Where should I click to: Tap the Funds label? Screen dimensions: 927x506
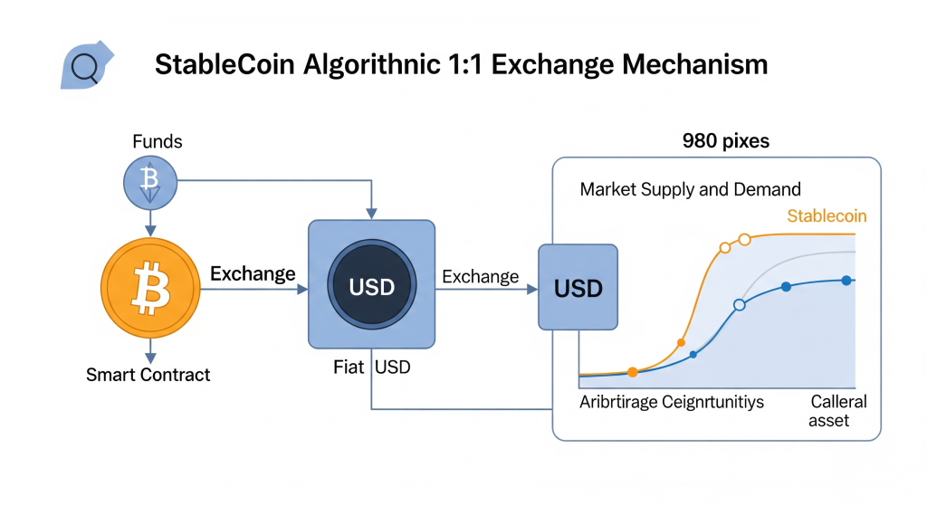coord(158,141)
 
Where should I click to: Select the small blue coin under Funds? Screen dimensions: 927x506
coord(150,183)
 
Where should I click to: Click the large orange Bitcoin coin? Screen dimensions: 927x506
coord(150,288)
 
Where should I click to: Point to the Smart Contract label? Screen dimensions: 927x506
coord(148,374)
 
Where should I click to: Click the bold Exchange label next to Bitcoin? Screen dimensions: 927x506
coord(253,273)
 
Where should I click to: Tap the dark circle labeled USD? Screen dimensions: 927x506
coord(372,284)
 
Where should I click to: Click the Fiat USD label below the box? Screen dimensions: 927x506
coord(372,368)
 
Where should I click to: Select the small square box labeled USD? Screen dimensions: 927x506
coord(578,287)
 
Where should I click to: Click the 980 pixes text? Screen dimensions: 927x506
coord(726,140)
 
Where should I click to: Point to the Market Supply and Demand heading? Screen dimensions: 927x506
coord(690,189)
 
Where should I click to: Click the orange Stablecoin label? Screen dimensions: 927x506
coord(827,215)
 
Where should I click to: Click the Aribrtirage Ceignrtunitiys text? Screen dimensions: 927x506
coord(672,402)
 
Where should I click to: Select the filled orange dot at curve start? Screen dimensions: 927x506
coord(633,372)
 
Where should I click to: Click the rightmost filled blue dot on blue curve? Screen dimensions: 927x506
coord(846,281)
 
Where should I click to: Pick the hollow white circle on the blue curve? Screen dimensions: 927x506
coord(739,305)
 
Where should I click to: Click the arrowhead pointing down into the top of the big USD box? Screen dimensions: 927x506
coord(371,214)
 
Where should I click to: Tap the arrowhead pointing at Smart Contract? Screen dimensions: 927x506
coord(150,358)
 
